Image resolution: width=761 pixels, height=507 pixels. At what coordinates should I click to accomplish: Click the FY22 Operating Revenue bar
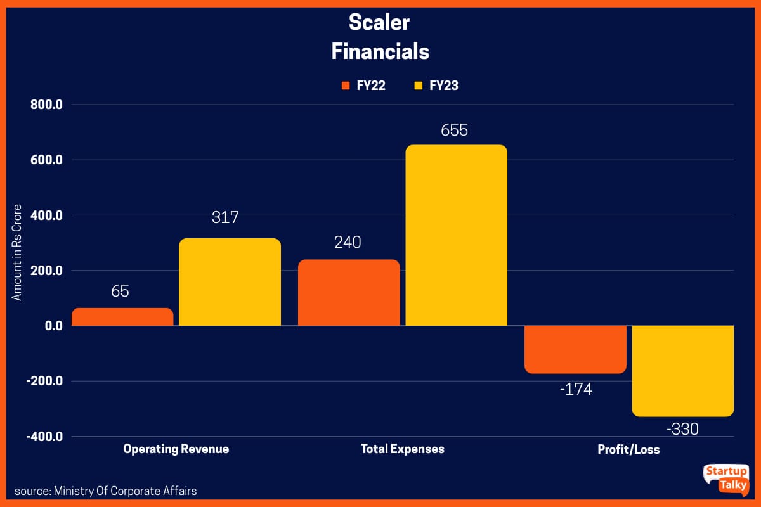[x=122, y=317]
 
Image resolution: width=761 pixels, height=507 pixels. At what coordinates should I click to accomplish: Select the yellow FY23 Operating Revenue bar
[x=230, y=282]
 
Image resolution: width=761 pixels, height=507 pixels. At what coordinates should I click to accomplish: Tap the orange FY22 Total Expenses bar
[x=349, y=293]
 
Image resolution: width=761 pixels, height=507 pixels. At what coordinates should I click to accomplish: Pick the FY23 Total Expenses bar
[x=456, y=235]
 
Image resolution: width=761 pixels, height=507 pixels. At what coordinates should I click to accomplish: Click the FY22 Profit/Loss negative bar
[x=575, y=349]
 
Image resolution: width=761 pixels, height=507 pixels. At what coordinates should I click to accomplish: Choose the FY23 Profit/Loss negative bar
[x=682, y=371]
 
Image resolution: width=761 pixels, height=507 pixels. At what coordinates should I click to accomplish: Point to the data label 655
[x=455, y=130]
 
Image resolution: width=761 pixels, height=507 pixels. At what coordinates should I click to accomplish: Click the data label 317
[x=225, y=218]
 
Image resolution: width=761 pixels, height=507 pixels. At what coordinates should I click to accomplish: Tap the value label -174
[x=576, y=389]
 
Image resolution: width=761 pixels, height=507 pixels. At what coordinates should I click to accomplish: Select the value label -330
[x=682, y=429]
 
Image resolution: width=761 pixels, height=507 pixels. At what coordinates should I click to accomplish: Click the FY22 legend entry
[x=363, y=86]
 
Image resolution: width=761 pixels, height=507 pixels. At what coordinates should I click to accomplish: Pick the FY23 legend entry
[x=436, y=86]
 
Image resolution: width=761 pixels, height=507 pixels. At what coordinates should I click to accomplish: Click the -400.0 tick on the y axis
[x=44, y=437]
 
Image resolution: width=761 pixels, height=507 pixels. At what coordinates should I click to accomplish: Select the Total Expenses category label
[x=403, y=449]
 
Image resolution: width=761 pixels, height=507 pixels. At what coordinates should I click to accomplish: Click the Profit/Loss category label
[x=628, y=449]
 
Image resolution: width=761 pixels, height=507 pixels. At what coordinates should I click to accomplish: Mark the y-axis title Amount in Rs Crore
[x=17, y=252]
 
